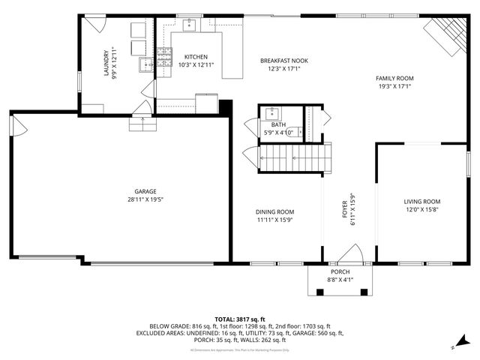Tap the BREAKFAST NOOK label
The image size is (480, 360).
click(x=283, y=61)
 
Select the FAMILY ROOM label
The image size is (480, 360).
click(x=394, y=78)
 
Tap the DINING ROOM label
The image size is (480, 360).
click(x=274, y=211)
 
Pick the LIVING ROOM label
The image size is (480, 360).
click(x=421, y=202)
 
